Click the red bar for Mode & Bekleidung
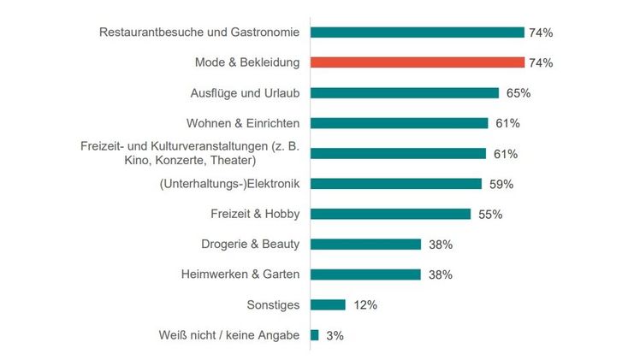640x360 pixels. [x=417, y=62]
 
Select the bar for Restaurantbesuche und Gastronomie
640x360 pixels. [x=417, y=32]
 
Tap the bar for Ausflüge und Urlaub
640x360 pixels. [x=404, y=92]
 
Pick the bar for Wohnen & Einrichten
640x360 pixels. [x=399, y=123]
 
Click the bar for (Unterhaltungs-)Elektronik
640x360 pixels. [x=395, y=183]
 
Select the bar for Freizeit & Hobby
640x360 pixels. [x=390, y=214]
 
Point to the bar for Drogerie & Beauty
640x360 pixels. [x=365, y=244]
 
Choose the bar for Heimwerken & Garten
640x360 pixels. [x=365, y=274]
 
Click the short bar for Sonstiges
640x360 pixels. [x=328, y=304]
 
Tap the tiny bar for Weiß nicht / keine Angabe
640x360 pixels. [x=314, y=335]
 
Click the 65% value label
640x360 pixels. [x=518, y=93]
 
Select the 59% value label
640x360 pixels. [x=501, y=184]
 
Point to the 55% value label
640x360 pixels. [x=489, y=215]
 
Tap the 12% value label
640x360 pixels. [x=364, y=305]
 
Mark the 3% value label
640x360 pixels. [x=335, y=336]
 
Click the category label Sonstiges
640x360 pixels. [x=272, y=305]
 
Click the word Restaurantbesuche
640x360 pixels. [x=151, y=32]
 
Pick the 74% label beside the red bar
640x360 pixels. [x=542, y=63]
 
